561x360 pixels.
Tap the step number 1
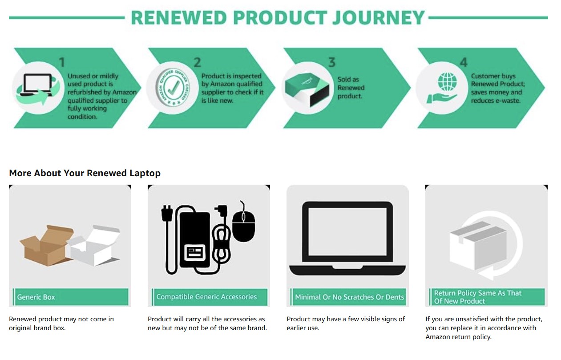tap(62, 62)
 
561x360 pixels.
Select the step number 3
tap(332, 62)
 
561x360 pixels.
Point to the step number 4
tap(464, 62)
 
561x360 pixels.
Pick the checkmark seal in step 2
tap(173, 88)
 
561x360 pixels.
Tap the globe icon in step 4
tap(447, 82)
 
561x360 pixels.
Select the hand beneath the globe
tap(441, 98)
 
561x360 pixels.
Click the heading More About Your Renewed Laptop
tap(85, 173)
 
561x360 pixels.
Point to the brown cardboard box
tap(45, 246)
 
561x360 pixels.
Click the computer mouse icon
tap(243, 223)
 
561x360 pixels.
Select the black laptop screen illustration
tap(347, 239)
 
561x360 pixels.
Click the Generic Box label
tap(36, 297)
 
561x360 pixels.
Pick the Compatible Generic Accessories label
tap(206, 297)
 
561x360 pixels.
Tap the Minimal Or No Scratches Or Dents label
tap(349, 297)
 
